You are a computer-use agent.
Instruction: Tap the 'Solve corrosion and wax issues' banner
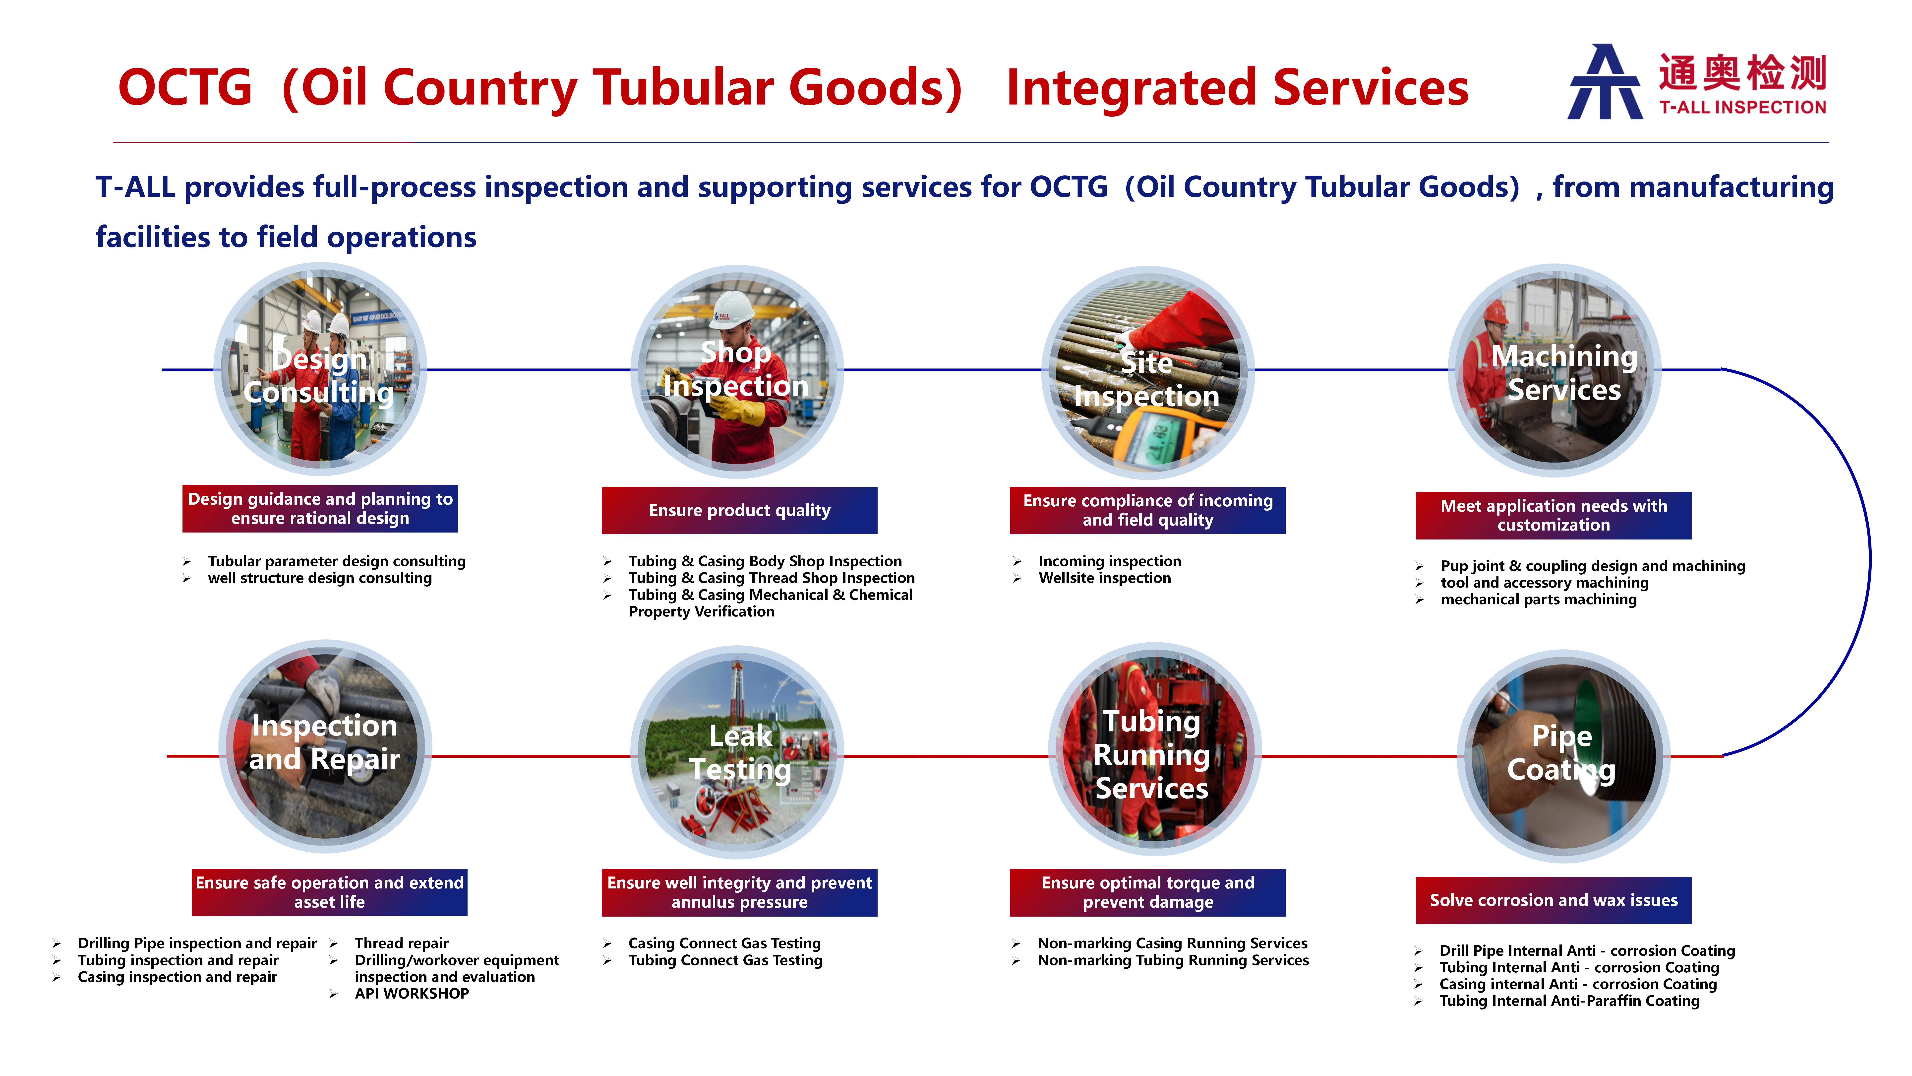click(1553, 900)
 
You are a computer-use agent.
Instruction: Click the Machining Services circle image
click(1555, 370)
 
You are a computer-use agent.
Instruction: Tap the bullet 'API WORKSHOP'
click(412, 994)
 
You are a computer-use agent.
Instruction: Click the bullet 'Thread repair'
click(402, 943)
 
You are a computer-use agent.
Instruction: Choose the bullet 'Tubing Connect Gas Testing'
click(725, 960)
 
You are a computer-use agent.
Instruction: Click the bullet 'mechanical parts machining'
click(1539, 599)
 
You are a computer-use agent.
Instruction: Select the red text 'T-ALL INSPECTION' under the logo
click(1743, 108)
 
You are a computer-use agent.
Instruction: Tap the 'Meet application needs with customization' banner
click(1553, 515)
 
